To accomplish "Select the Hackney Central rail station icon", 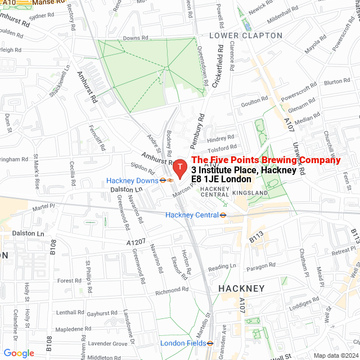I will (x=223, y=215).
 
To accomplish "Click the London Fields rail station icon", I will (x=209, y=343).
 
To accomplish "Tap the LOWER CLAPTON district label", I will (x=246, y=35).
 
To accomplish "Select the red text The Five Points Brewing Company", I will (x=266, y=160).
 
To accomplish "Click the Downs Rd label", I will (x=135, y=38).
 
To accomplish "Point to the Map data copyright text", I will (x=336, y=355).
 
